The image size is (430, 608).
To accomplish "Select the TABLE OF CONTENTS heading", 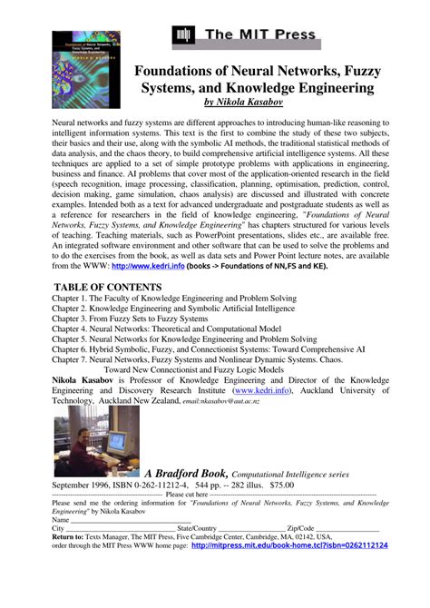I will [110, 286].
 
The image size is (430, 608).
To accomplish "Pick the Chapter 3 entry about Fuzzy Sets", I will [130, 319].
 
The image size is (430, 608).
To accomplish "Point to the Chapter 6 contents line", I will [208, 348].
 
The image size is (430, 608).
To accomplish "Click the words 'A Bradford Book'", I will [185, 472].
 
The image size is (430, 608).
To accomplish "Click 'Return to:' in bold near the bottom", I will [73, 537].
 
